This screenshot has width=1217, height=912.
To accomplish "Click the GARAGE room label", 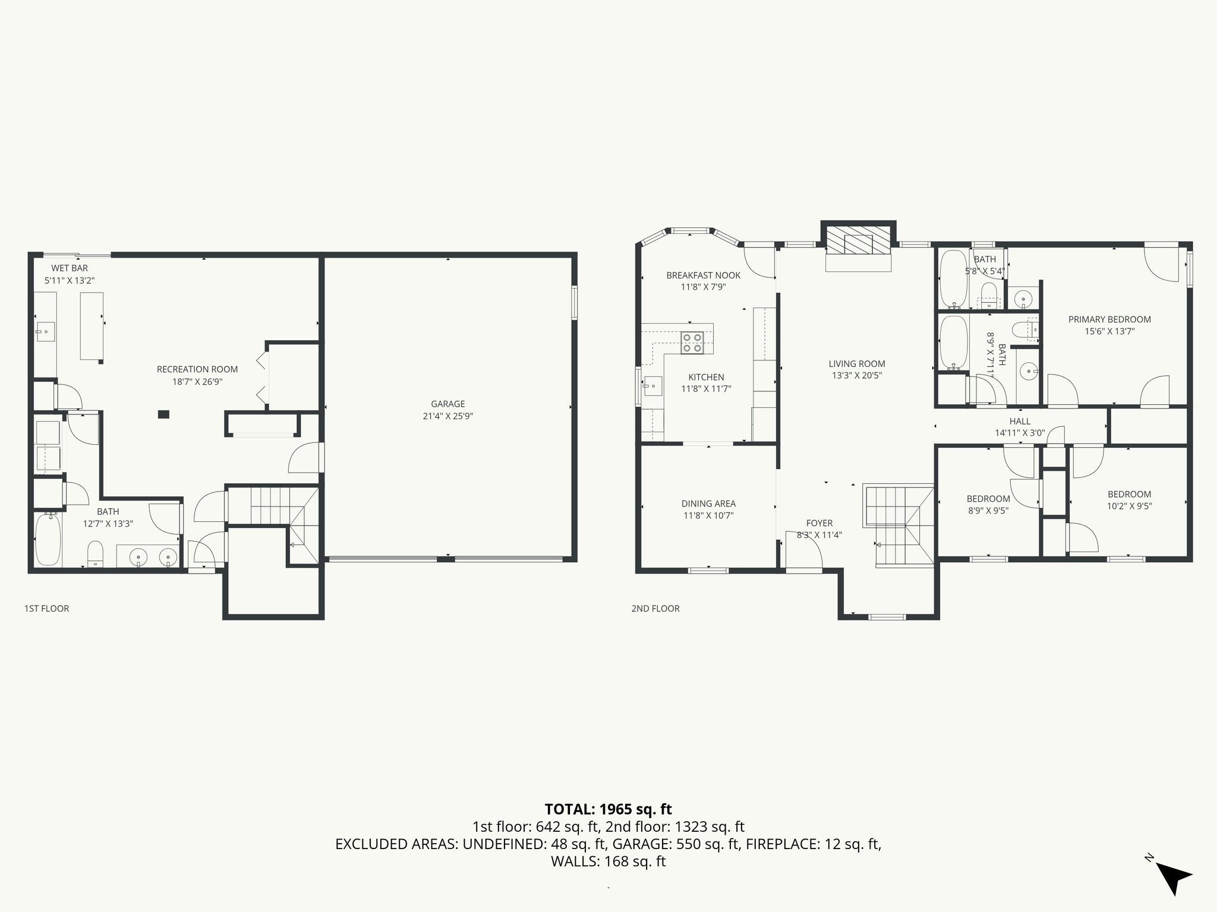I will click(x=447, y=404).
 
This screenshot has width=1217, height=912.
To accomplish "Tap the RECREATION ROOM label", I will click(x=197, y=369).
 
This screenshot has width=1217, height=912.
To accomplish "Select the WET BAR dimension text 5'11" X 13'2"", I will click(x=70, y=280).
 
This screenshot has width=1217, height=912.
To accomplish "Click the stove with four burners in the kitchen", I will click(x=692, y=342).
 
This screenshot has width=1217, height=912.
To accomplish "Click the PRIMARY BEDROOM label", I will click(x=1109, y=319).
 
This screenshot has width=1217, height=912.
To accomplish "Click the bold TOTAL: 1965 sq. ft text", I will click(x=608, y=809).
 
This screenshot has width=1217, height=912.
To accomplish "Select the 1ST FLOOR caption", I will click(x=46, y=608).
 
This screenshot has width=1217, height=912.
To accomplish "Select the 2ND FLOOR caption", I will click(x=655, y=608).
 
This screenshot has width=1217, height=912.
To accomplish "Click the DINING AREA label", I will click(x=708, y=503).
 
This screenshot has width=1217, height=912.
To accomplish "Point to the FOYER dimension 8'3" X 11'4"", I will click(x=819, y=534).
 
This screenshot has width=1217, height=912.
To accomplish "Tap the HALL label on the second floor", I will click(x=1020, y=422).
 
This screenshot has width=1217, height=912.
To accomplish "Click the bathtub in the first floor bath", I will click(x=48, y=540).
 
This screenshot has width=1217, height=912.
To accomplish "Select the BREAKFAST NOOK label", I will click(x=703, y=275).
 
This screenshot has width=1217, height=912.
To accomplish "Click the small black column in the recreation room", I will click(x=163, y=414).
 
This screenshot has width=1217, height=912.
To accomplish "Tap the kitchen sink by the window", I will click(x=652, y=386).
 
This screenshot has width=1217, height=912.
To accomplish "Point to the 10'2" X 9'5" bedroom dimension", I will click(x=1129, y=506).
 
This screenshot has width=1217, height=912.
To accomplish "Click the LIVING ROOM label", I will click(x=857, y=364).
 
